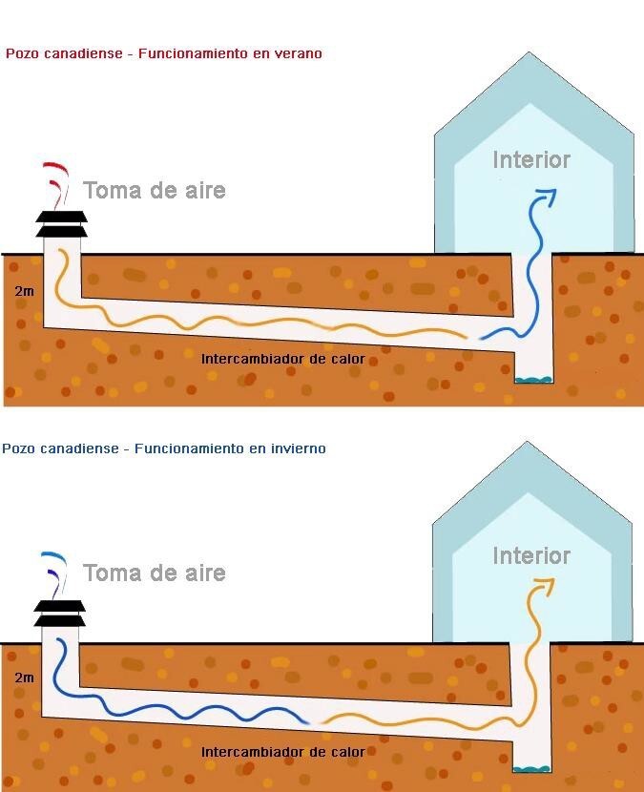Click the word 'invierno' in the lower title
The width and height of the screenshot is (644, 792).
pyautogui.click(x=298, y=448)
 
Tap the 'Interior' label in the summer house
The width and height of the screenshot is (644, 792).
pyautogui.click(x=531, y=160)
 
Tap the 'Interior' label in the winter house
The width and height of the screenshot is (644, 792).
pyautogui.click(x=531, y=555)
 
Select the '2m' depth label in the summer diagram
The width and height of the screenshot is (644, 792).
pyautogui.click(x=24, y=291)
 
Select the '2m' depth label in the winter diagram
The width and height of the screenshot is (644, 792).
pyautogui.click(x=24, y=677)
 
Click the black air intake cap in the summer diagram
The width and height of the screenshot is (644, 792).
pyautogui.click(x=61, y=223)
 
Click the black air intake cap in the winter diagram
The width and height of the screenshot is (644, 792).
pyautogui.click(x=59, y=613)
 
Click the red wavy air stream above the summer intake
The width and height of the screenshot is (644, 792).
pyautogui.click(x=56, y=184)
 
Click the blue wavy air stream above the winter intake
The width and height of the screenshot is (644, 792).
pyautogui.click(x=54, y=574)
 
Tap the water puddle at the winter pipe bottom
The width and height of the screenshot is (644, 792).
pyautogui.click(x=531, y=769)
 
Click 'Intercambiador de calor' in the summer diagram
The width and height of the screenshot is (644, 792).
pyautogui.click(x=282, y=359)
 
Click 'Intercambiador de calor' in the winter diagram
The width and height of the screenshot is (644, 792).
pyautogui.click(x=282, y=752)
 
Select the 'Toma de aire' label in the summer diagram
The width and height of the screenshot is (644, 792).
pyautogui.click(x=154, y=191)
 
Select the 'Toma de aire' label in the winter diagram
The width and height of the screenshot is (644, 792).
pyautogui.click(x=154, y=573)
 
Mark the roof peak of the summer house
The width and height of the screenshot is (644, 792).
pyautogui.click(x=529, y=52)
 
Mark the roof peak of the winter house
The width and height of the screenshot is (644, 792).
pyautogui.click(x=528, y=442)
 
